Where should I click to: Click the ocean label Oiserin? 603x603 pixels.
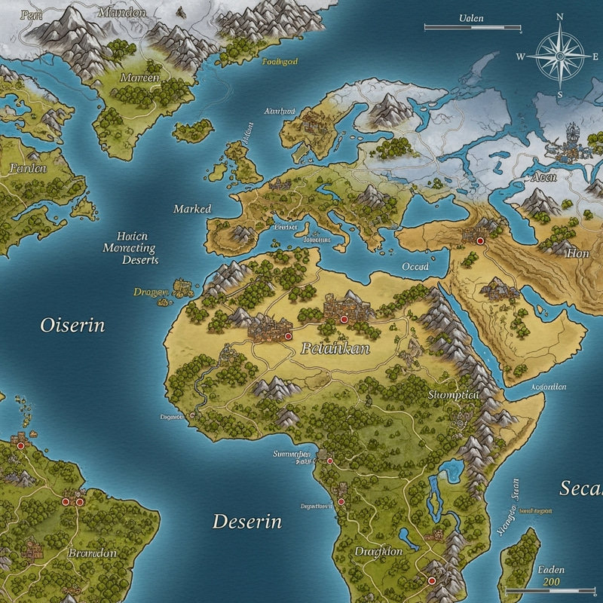72,326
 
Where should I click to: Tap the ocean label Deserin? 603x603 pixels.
246,521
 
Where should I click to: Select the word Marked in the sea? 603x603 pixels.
192,209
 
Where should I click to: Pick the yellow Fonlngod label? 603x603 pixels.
280,62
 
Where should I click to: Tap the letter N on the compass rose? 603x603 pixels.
559,16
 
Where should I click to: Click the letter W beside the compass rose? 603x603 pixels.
521,57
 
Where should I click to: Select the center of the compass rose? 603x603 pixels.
559,56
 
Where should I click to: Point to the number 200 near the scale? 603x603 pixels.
552,583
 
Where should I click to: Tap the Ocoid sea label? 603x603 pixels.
415,266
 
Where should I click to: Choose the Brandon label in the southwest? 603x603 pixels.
93,552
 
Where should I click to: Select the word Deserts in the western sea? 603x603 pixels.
140,259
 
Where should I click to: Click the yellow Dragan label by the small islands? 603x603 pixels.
151,292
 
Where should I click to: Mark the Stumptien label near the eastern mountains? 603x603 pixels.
453,394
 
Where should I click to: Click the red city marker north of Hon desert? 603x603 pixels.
479,240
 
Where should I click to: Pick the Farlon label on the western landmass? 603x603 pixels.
28,168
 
